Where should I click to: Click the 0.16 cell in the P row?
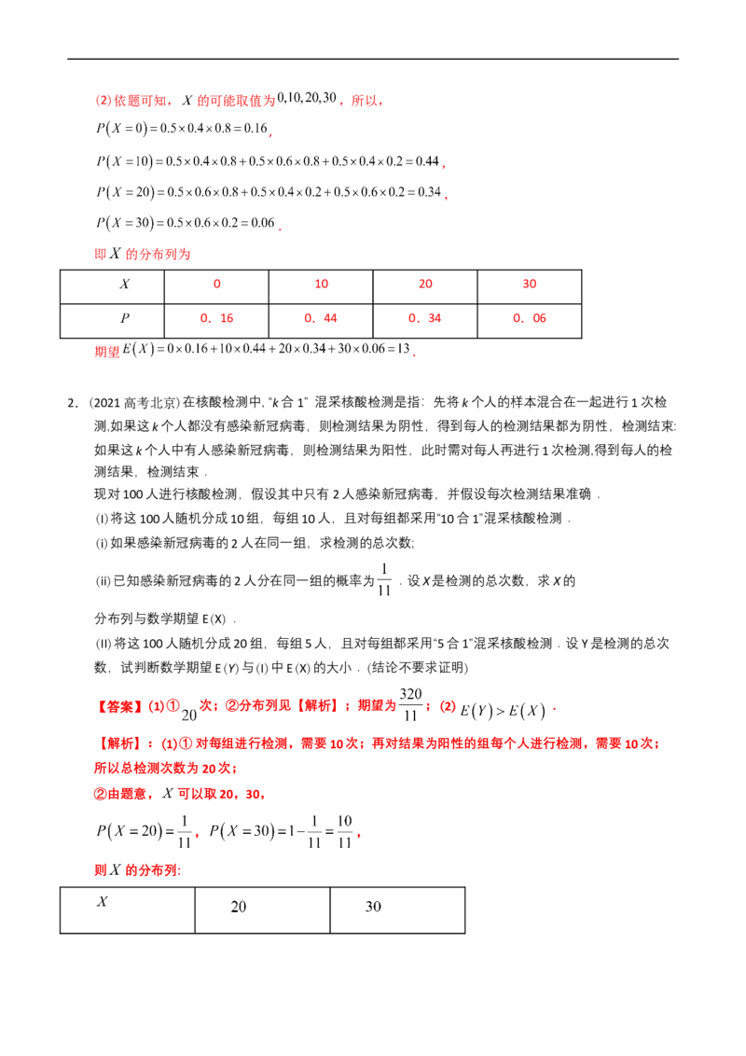(x=216, y=318)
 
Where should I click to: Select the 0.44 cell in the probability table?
(x=321, y=318)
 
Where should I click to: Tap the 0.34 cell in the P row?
(x=425, y=318)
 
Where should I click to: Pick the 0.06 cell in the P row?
(x=530, y=318)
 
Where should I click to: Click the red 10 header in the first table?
(x=321, y=285)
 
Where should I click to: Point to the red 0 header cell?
(x=216, y=285)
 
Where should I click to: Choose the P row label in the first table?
(x=125, y=318)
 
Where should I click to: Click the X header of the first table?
(x=125, y=285)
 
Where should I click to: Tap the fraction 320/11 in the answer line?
(x=410, y=704)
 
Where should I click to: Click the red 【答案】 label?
(x=118, y=706)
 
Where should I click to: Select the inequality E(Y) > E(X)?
(x=503, y=711)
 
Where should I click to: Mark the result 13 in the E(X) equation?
(x=403, y=349)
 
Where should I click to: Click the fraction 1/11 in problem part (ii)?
(x=384, y=580)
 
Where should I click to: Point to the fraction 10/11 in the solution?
(x=345, y=832)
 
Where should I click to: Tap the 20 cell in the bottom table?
(x=239, y=907)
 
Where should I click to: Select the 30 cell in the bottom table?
(x=373, y=907)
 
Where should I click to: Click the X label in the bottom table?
(x=103, y=902)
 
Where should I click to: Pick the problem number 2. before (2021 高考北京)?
(x=73, y=403)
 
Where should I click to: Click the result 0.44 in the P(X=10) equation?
(x=427, y=161)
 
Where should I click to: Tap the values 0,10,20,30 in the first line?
(x=307, y=98)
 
